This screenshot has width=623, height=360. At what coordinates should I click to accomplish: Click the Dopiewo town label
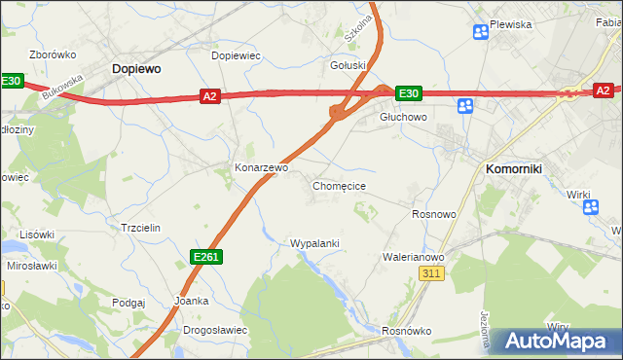pyautogui.click(x=136, y=69)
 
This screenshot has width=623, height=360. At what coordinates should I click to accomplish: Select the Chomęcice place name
pyautogui.click(x=339, y=185)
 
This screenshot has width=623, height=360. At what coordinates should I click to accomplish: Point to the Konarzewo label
pyautogui.click(x=262, y=167)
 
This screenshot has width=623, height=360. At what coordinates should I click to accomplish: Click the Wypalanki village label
pyautogui.click(x=314, y=243)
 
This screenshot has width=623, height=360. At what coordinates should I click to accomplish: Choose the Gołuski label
pyautogui.click(x=348, y=66)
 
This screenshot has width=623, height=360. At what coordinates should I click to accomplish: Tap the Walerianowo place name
pyautogui.click(x=414, y=257)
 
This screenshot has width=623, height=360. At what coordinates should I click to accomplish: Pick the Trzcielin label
pyautogui.click(x=139, y=227)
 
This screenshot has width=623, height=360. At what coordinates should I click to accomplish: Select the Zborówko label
pyautogui.click(x=53, y=54)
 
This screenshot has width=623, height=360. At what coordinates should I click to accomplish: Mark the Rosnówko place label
pyautogui.click(x=407, y=331)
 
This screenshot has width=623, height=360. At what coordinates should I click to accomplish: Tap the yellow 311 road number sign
pyautogui.click(x=433, y=275)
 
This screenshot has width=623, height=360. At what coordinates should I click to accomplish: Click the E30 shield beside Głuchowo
pyautogui.click(x=408, y=93)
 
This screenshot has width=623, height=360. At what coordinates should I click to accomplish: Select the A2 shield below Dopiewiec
pyautogui.click(x=210, y=95)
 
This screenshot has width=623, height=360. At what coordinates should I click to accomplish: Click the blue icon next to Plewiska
pyautogui.click(x=480, y=33)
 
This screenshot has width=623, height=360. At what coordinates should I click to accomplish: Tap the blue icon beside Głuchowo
pyautogui.click(x=465, y=106)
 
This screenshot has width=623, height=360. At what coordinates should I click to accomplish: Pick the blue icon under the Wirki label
pyautogui.click(x=587, y=207)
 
